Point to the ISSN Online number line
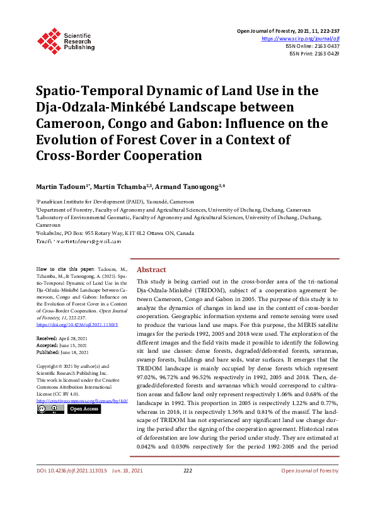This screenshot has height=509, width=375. click(313, 46)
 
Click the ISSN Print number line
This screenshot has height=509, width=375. click(314, 54)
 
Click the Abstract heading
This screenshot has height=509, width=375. click(151, 269)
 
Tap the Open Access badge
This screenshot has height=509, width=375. click(84, 409)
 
